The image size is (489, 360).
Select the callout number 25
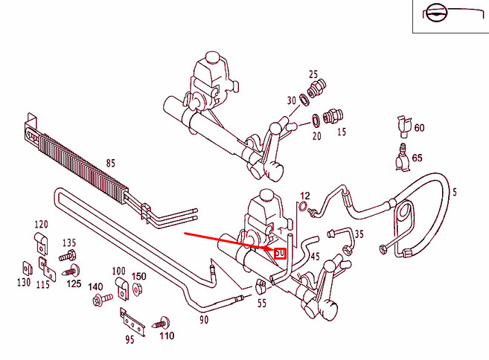point(313,74)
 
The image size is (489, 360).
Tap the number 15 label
point(342,132)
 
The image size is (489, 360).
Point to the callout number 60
point(419,128)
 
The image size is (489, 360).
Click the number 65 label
point(417,158)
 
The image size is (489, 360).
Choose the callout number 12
point(304,196)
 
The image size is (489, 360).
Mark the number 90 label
point(203,319)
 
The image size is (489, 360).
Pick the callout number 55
point(261,303)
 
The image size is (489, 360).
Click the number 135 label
point(69,243)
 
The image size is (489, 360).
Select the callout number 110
point(166,336)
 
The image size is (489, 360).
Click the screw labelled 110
point(162,323)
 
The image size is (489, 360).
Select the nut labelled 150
point(137,292)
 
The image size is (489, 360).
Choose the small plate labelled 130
point(25,268)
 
